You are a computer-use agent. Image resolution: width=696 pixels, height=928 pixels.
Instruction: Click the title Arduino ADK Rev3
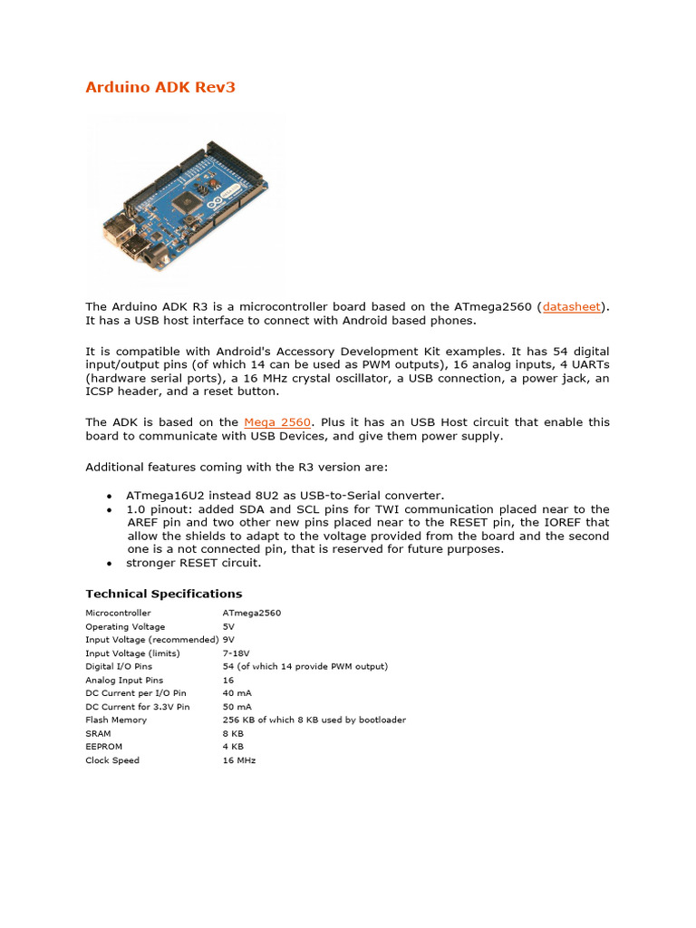(160, 87)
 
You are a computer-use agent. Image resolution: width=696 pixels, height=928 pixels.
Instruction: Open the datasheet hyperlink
(571, 307)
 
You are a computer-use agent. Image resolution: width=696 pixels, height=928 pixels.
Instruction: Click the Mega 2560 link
(277, 422)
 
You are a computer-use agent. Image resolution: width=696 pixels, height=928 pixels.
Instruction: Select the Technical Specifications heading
(163, 594)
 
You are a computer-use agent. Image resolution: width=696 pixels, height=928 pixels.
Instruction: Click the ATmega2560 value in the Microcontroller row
(251, 613)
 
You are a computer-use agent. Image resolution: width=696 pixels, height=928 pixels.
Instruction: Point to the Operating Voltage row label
(125, 626)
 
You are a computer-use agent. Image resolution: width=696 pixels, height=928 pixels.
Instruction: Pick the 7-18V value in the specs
(236, 652)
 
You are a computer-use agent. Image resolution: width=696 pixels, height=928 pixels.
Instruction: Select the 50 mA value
(237, 706)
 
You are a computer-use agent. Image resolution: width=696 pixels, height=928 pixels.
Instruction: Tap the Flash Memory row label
(116, 720)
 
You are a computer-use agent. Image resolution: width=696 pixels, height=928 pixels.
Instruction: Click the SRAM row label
(98, 733)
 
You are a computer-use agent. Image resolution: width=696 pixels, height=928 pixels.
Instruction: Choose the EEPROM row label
(102, 747)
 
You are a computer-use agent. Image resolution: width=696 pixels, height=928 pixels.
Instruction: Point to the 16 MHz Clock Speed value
(239, 760)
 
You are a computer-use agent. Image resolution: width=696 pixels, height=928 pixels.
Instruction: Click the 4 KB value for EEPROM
(233, 747)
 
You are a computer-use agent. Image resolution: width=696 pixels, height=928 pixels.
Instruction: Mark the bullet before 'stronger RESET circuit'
(110, 564)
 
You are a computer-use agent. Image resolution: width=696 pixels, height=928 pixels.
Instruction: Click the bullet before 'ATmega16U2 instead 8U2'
(110, 497)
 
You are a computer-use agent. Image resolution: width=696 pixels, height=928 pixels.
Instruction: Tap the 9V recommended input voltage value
(228, 639)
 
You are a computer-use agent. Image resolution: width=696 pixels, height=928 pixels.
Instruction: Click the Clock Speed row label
(112, 760)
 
